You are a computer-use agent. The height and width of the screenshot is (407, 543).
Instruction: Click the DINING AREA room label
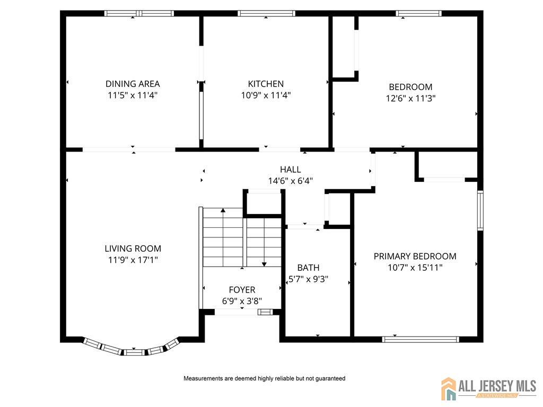(133, 84)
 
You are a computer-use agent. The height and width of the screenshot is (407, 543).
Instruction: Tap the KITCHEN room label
(266, 84)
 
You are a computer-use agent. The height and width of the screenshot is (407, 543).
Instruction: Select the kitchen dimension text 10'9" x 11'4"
(266, 95)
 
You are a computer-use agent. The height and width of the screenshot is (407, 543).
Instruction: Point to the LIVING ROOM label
(133, 249)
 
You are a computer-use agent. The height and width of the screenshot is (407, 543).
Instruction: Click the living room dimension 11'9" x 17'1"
(133, 260)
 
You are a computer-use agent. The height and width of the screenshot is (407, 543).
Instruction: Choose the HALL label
(291, 170)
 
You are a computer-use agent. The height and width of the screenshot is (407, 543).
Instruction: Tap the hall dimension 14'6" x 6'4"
(291, 181)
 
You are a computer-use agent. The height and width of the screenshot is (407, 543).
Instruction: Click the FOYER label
(242, 290)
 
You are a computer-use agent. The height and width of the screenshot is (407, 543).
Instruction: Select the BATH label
(308, 268)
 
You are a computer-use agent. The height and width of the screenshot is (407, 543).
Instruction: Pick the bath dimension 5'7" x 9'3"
(308, 279)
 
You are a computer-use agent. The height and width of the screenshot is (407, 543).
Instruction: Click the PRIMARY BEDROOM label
(415, 256)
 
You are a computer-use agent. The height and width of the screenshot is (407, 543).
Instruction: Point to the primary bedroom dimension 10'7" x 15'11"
(415, 268)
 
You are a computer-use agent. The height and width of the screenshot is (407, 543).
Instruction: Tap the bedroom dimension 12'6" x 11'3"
(411, 98)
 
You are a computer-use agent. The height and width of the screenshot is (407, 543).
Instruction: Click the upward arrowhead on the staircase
(223, 210)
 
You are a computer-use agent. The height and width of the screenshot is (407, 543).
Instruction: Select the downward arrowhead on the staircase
(264, 264)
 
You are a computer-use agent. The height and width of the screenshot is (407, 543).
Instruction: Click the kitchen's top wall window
(266, 13)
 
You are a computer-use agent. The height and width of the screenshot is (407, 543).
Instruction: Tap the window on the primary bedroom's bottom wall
(421, 340)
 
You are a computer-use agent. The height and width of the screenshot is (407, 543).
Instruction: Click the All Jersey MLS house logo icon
(449, 388)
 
